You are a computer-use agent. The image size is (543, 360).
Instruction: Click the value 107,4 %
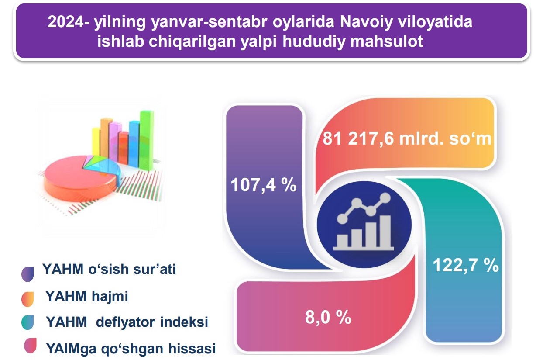(x=264, y=185)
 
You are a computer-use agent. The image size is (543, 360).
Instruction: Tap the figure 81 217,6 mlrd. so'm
(x=407, y=138)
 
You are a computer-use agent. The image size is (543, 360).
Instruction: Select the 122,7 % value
(x=466, y=265)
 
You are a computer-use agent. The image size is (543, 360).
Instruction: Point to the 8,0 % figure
(x=328, y=317)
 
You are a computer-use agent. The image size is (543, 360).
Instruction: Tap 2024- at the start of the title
(x=69, y=21)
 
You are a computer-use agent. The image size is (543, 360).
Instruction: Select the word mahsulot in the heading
(x=386, y=41)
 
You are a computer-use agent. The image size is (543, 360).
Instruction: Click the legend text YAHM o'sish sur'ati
(x=109, y=269)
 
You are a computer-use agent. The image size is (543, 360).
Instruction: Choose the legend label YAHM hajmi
(x=87, y=296)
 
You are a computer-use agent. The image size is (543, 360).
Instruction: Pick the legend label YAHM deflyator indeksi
(x=127, y=322)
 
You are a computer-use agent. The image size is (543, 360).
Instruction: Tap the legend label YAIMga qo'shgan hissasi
(x=131, y=349)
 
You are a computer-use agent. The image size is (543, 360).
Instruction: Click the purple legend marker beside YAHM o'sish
(x=27, y=274)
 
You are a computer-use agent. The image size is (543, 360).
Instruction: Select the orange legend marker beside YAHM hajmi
(x=27, y=299)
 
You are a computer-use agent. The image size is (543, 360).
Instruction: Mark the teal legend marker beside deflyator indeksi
(x=27, y=322)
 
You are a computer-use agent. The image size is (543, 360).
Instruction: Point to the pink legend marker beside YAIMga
(x=30, y=346)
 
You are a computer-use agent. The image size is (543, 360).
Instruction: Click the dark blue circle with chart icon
(x=364, y=225)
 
